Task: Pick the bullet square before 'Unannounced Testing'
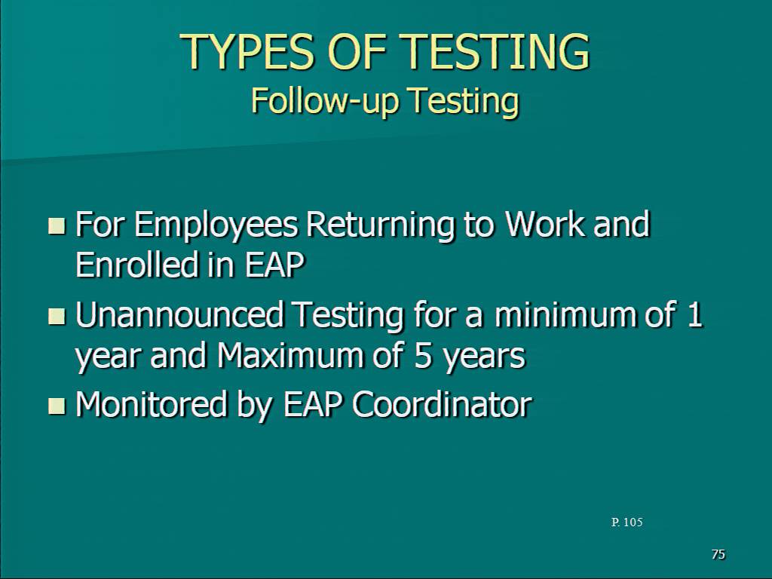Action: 57,316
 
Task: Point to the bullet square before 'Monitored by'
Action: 57,406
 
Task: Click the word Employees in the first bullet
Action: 216,226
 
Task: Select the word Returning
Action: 380,226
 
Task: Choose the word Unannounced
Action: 179,314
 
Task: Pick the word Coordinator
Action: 442,405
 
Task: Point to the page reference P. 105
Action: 626,522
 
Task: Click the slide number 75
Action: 718,554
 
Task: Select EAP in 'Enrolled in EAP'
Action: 274,265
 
